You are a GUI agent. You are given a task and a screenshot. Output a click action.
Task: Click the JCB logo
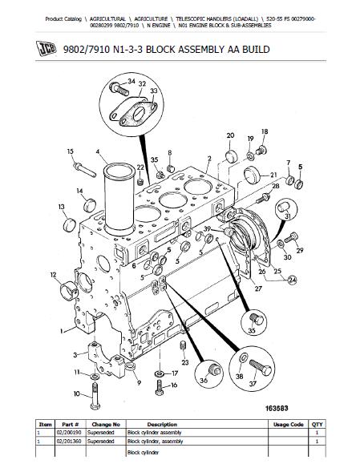(46, 49)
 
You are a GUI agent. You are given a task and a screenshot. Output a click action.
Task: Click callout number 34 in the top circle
(131, 81)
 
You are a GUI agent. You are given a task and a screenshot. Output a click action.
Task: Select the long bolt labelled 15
(85, 169)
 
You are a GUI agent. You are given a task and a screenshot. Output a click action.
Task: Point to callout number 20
(230, 135)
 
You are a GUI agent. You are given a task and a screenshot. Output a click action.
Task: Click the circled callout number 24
(292, 280)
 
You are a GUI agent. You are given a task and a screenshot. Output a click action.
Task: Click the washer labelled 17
(160, 373)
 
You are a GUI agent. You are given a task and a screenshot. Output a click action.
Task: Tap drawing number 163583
(277, 408)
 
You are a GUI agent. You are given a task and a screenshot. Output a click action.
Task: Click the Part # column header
(71, 425)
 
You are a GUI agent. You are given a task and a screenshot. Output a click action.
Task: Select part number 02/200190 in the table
(68, 433)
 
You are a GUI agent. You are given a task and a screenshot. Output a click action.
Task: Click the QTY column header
(318, 425)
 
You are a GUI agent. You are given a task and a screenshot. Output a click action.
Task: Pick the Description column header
(162, 425)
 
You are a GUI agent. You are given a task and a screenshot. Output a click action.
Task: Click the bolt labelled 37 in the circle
(261, 368)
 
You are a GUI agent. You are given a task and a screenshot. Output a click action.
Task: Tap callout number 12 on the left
(54, 275)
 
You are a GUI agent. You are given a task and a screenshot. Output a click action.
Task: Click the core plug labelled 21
(253, 175)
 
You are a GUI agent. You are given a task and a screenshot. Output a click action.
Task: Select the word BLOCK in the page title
(160, 49)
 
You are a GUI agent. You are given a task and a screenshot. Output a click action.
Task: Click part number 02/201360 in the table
(68, 442)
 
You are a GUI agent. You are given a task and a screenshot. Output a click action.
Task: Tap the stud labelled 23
(183, 345)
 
